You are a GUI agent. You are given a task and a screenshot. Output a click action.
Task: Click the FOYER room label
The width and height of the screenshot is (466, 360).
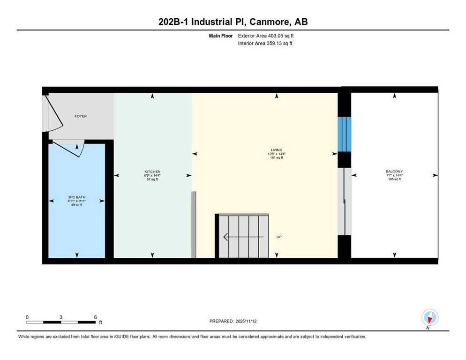point(81,116)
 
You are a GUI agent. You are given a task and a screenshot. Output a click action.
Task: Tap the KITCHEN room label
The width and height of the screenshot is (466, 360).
point(152,172)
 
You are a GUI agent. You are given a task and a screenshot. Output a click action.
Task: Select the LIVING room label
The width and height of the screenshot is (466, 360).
point(277,150)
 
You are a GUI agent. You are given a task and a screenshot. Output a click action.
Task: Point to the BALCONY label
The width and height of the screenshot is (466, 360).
point(394,172)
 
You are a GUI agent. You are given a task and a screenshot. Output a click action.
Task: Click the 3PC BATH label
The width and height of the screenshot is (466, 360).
point(76,197)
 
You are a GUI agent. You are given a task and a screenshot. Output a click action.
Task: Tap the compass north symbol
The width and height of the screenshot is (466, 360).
point(429,318)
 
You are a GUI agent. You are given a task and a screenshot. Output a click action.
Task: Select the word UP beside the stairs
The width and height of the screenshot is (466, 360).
point(279,237)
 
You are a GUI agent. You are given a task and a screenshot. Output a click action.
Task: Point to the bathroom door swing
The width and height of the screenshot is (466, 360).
point(70,149)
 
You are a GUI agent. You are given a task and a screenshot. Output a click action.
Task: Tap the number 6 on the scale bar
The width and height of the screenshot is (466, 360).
point(95,317)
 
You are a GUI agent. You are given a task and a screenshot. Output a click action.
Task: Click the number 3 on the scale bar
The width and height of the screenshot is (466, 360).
point(61,317)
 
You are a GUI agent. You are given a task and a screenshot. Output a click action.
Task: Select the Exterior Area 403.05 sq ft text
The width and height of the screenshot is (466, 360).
point(266,36)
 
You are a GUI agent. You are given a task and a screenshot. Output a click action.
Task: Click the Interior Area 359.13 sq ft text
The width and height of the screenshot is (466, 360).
point(265,44)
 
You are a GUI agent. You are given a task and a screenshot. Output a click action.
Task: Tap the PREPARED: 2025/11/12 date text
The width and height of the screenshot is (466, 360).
point(233,321)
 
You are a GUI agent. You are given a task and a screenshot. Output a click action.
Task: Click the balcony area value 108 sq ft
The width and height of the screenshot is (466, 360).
point(394,179)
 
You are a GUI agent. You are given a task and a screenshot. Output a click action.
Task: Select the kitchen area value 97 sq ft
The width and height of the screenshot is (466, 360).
point(152,179)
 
